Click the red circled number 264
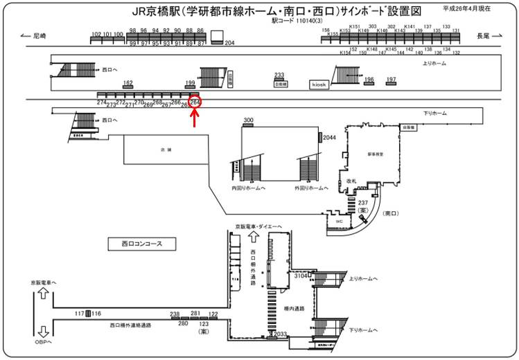[x=195, y=102]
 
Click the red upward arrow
[x=195, y=118]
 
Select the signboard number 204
[x=230, y=44]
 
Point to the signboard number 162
[x=127, y=82]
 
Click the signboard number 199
[x=191, y=83]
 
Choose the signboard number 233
[x=279, y=75]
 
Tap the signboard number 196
[x=369, y=80]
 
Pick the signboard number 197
[x=392, y=80]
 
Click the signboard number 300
[x=249, y=120]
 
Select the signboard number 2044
[x=329, y=138]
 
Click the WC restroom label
[x=340, y=221]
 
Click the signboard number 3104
[x=299, y=276]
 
